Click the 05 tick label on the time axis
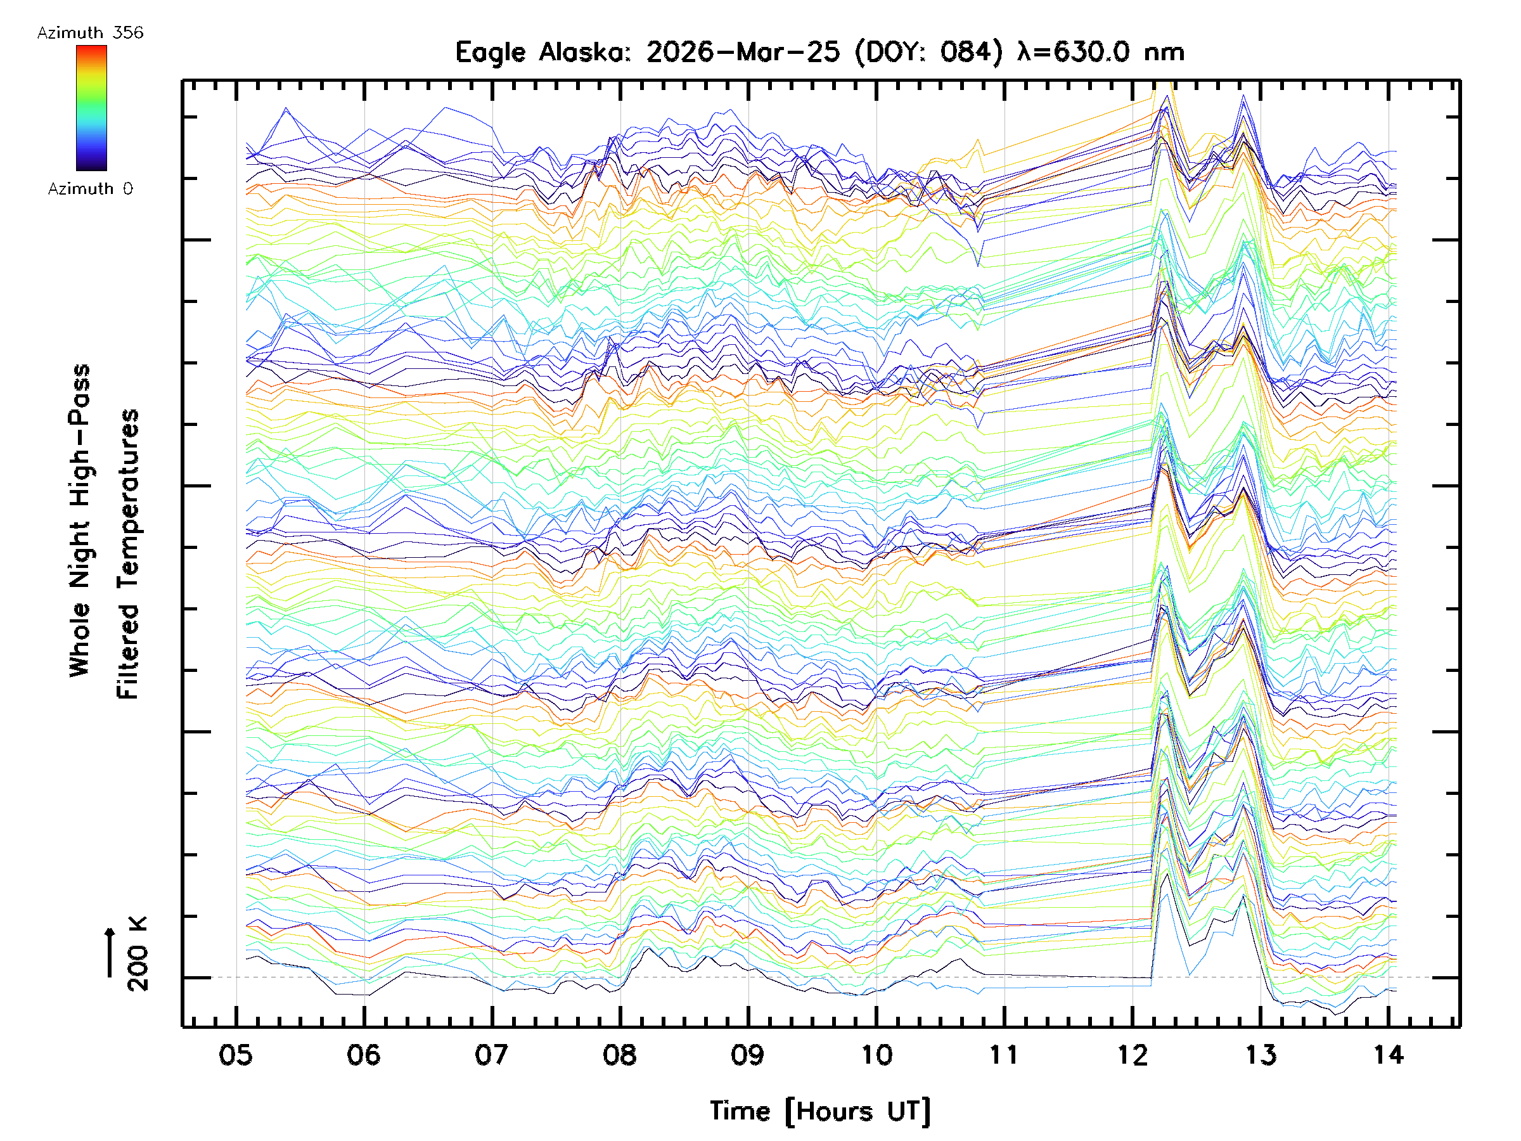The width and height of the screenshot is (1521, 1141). click(236, 1054)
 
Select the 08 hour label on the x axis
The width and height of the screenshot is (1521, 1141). click(620, 1054)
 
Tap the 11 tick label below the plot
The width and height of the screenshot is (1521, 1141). click(1003, 1054)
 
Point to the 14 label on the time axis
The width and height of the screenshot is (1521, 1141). click(1388, 1054)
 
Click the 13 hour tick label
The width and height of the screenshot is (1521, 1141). click(1260, 1054)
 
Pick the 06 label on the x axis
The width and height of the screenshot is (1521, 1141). click(364, 1054)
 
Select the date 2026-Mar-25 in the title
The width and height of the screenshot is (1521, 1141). click(743, 52)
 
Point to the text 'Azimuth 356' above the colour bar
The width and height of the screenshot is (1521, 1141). click(90, 33)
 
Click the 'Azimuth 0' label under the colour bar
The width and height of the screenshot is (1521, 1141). click(90, 188)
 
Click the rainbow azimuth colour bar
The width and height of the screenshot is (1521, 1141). click(91, 108)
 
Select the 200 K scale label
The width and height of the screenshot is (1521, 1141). click(138, 954)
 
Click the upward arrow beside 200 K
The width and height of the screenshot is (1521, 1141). click(110, 952)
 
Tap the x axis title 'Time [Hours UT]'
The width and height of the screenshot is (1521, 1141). click(820, 1111)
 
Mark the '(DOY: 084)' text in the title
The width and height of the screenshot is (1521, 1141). click(929, 52)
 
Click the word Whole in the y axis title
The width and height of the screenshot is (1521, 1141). click(80, 640)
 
